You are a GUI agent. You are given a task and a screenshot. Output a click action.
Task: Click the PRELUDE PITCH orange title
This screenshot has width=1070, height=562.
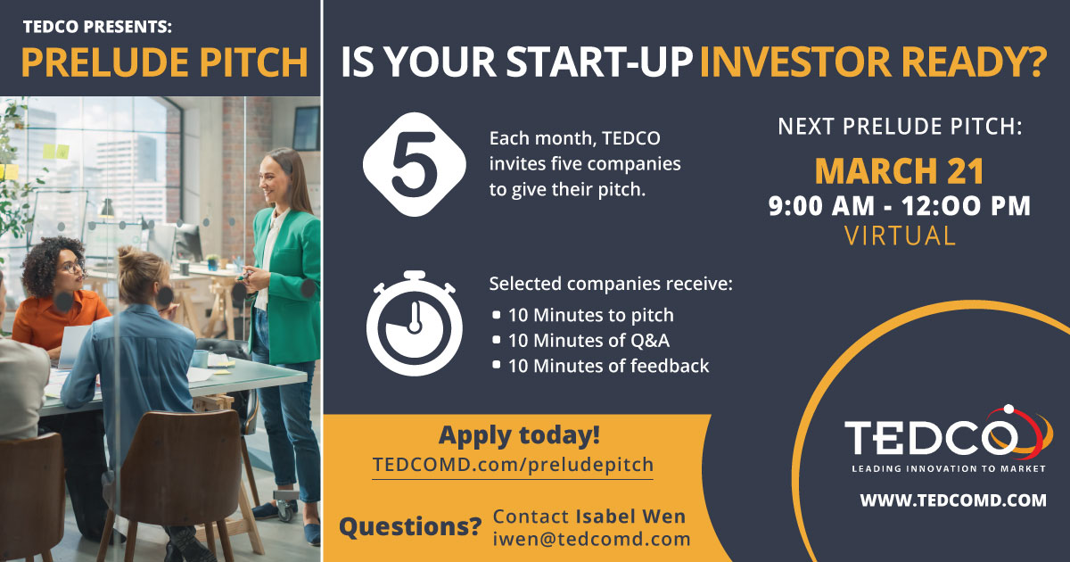164,63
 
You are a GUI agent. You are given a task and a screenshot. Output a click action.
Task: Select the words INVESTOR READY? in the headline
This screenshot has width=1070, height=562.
872,64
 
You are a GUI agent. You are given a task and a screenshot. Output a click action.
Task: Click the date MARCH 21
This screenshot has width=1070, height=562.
900,170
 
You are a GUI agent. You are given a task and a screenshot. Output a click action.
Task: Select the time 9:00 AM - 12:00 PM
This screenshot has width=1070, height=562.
900,206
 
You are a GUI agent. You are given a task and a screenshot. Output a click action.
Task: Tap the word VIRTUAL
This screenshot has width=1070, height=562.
900,236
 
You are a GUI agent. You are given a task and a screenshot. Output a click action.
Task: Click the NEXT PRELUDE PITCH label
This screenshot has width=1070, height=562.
900,127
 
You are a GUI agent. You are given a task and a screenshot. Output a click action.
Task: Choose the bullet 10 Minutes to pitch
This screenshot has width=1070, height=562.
590,315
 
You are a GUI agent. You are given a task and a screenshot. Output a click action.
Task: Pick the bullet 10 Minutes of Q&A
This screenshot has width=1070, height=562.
588,340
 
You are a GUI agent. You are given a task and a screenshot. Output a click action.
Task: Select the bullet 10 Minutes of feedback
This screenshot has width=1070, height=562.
608,366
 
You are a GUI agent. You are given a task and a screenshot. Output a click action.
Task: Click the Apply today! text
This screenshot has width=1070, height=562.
519,436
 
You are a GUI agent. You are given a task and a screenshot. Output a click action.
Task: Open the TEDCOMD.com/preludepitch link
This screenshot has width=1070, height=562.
513,465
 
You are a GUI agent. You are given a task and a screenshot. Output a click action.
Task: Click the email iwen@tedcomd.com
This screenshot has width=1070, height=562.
591,539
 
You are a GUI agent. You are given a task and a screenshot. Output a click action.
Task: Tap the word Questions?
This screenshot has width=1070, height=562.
410,527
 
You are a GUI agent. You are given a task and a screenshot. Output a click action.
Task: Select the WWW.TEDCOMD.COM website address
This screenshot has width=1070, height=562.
952,500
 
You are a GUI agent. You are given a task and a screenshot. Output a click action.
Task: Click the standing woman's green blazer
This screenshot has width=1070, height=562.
290,268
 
